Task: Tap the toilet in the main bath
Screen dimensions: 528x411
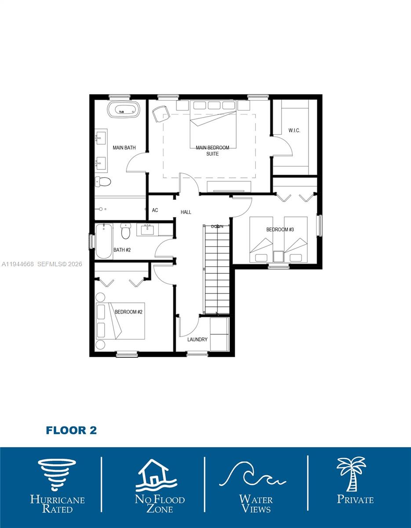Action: (103, 181)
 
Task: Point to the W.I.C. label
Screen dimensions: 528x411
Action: (294, 131)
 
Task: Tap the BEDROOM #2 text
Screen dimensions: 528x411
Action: (128, 312)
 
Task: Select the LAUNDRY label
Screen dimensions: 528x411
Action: (197, 340)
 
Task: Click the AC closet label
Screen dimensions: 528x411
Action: (155, 210)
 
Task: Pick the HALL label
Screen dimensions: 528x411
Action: (186, 212)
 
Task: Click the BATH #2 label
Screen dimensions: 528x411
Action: (122, 250)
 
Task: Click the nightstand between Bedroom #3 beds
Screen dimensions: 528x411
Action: (278, 256)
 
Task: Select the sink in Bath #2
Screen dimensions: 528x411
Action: (147, 229)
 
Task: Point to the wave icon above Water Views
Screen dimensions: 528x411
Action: (252, 476)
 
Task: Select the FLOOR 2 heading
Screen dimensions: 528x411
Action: (71, 430)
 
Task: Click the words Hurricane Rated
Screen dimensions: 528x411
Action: (57, 504)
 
